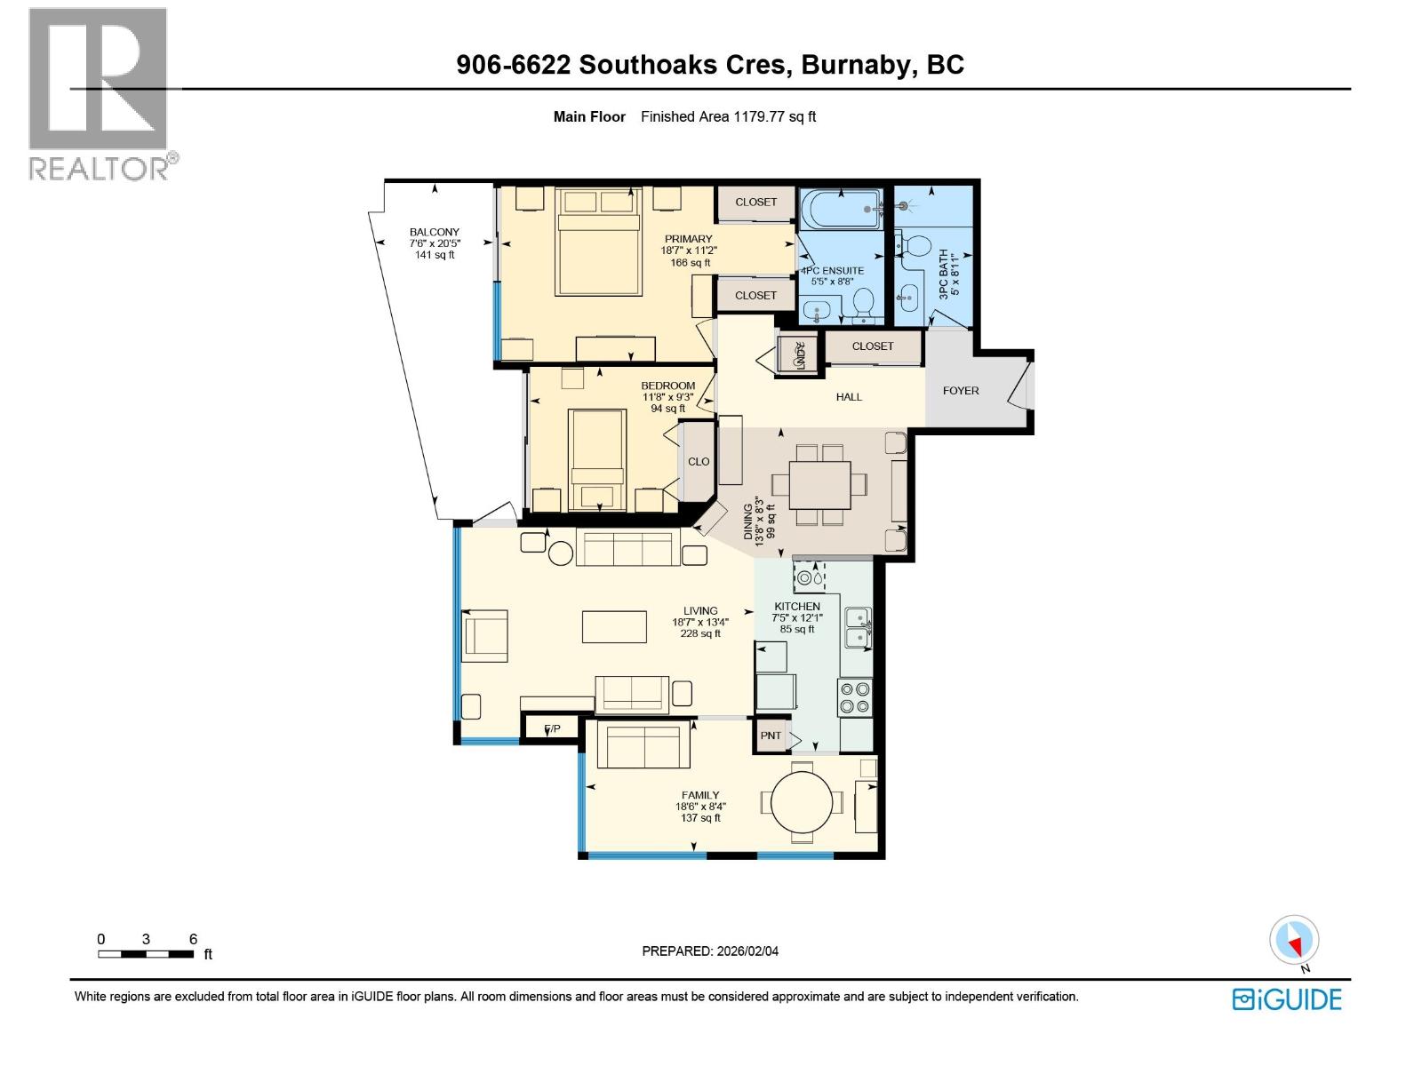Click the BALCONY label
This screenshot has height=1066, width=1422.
click(435, 232)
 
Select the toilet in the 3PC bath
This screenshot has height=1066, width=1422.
click(917, 244)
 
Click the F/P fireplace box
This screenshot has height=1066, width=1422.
click(553, 729)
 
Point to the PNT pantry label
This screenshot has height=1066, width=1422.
click(771, 736)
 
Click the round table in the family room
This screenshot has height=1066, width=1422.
click(802, 802)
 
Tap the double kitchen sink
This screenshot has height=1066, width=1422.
click(858, 627)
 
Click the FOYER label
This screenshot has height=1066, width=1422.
click(961, 390)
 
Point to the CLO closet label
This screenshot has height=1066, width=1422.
click(699, 461)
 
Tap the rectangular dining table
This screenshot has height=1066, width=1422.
click(819, 484)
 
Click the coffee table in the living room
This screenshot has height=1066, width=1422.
click(614, 626)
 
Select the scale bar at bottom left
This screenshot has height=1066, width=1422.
click(147, 953)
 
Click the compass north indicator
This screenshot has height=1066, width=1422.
click(1295, 941)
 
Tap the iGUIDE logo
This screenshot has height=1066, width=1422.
click(1286, 998)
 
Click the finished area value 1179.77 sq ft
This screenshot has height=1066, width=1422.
click(773, 116)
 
